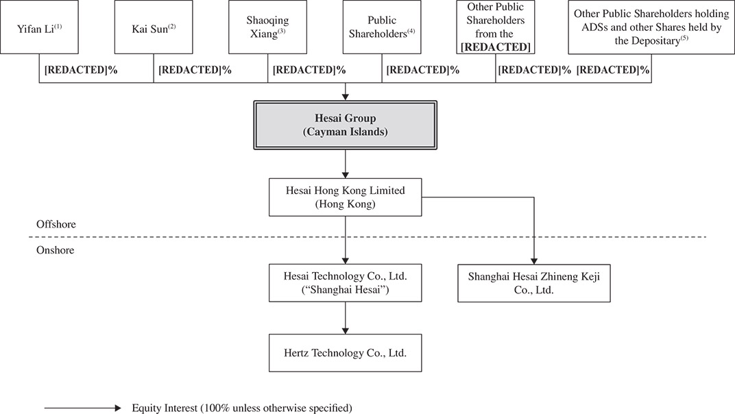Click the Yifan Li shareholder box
click(x=39, y=28)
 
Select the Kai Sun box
click(x=154, y=28)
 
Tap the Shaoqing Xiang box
click(x=267, y=28)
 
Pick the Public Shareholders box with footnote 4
click(x=382, y=28)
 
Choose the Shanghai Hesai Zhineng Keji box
click(x=533, y=283)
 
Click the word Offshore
click(x=56, y=225)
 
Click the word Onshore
click(x=55, y=250)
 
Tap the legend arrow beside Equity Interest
click(x=82, y=408)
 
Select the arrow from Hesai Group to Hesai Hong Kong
click(x=345, y=164)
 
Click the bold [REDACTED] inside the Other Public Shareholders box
click(x=495, y=47)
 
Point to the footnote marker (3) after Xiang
click(x=281, y=30)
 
